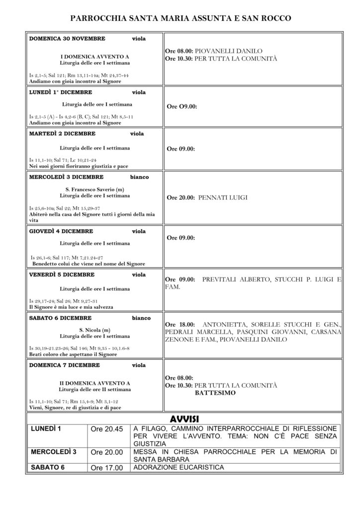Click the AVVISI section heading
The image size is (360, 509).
tap(184, 417)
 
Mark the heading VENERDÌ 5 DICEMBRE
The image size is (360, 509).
tap(61, 274)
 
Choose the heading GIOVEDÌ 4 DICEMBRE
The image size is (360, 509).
tap(61, 231)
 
